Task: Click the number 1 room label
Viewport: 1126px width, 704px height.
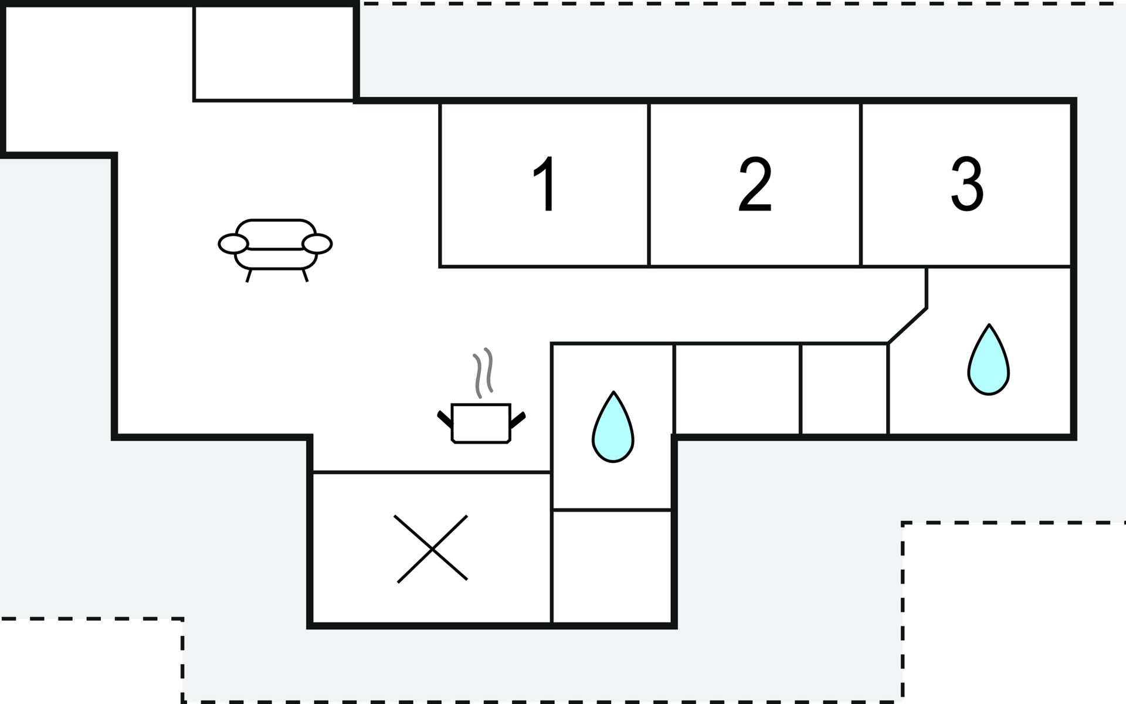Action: pyautogui.click(x=545, y=184)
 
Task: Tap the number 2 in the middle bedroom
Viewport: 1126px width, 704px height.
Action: pyautogui.click(x=755, y=184)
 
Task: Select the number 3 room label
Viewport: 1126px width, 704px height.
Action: pyautogui.click(x=966, y=184)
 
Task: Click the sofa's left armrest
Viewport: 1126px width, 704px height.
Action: pyautogui.click(x=233, y=243)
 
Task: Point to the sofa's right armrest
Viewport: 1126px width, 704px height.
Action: pyautogui.click(x=317, y=243)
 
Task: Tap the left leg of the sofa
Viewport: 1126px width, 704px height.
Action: pyautogui.click(x=249, y=276)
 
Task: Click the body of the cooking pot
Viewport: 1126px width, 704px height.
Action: pyautogui.click(x=481, y=423)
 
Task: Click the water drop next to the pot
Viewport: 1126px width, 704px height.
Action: pyautogui.click(x=613, y=427)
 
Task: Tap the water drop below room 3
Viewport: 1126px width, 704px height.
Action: pyautogui.click(x=989, y=359)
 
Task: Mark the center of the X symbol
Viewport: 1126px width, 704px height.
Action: pyautogui.click(x=432, y=549)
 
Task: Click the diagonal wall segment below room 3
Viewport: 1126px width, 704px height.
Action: pyautogui.click(x=908, y=326)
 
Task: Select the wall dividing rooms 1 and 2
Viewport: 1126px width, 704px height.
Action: pyautogui.click(x=649, y=184)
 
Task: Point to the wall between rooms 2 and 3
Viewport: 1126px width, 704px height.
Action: pyautogui.click(x=861, y=184)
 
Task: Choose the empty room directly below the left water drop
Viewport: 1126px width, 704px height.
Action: pyautogui.click(x=612, y=566)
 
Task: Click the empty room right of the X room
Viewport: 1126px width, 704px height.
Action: pyautogui.click(x=612, y=566)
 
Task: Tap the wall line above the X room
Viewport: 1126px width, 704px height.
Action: pyautogui.click(x=432, y=472)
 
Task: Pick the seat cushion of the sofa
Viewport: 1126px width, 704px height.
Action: pyautogui.click(x=276, y=259)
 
